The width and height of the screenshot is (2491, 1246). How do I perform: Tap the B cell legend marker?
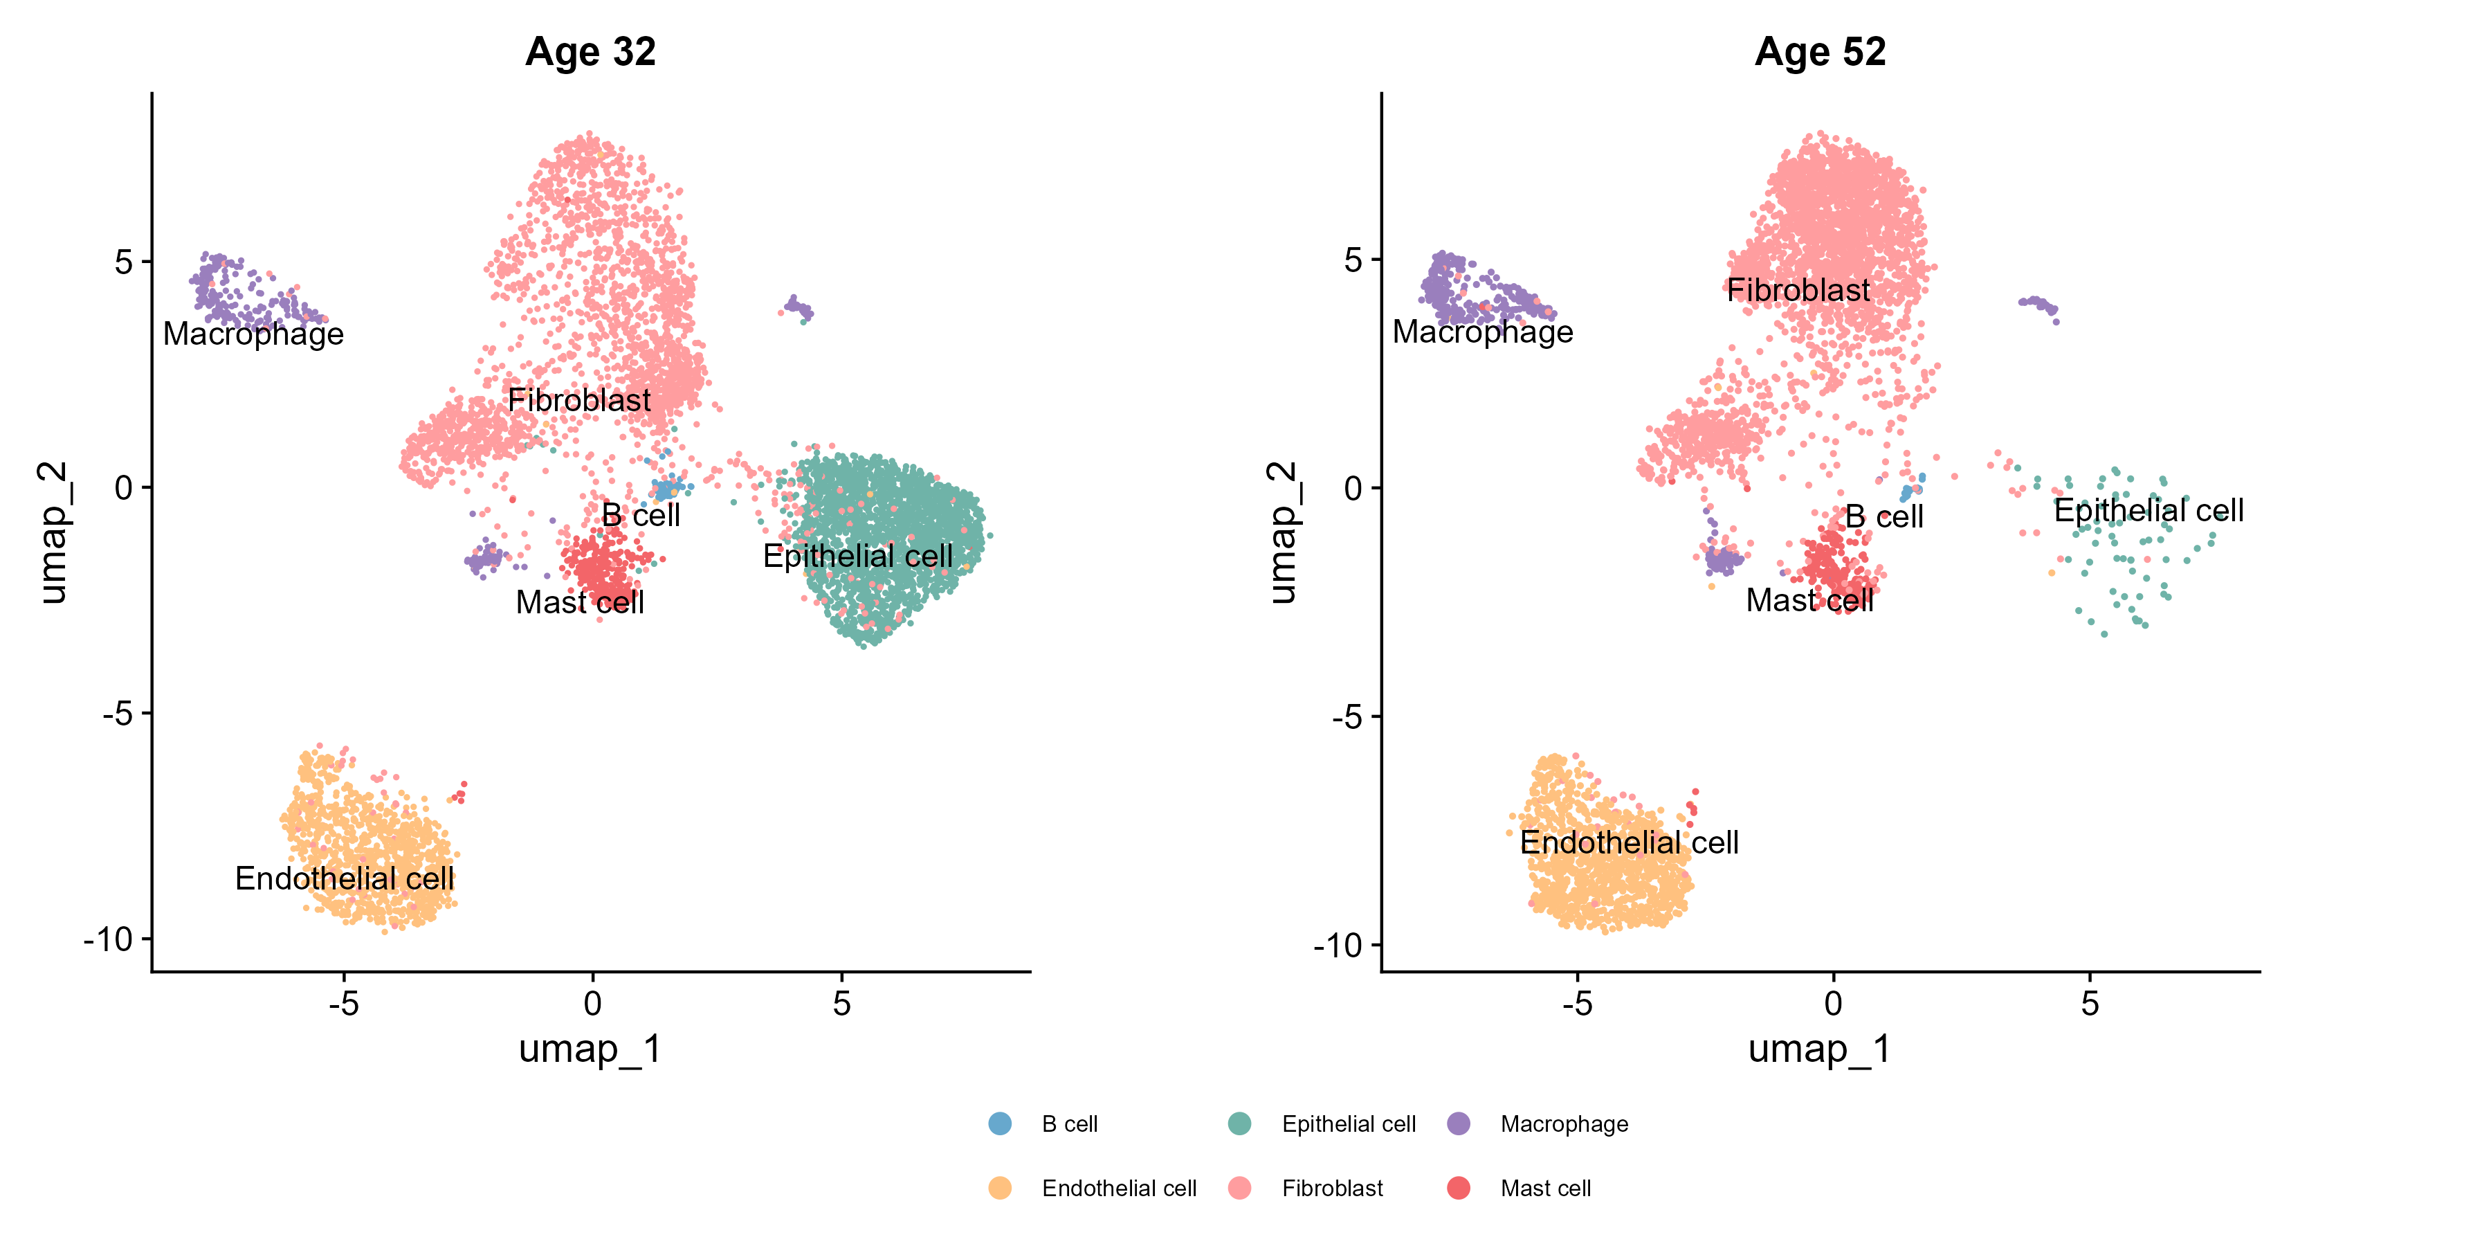click(1000, 1123)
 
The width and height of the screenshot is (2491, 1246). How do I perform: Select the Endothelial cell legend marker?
click(1000, 1188)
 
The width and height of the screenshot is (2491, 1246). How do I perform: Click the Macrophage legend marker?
click(1458, 1123)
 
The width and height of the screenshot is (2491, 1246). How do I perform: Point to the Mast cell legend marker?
click(1458, 1188)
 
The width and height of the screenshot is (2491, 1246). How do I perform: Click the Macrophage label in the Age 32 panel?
click(253, 334)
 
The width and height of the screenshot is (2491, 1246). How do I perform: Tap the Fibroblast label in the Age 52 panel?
click(1798, 290)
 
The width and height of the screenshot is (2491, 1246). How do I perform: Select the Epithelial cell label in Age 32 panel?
click(858, 557)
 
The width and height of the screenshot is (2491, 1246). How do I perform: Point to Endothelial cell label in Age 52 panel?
click(1630, 842)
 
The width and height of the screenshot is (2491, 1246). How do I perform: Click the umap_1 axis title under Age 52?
click(1819, 1049)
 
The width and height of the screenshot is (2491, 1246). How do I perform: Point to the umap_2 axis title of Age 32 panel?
click(53, 533)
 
